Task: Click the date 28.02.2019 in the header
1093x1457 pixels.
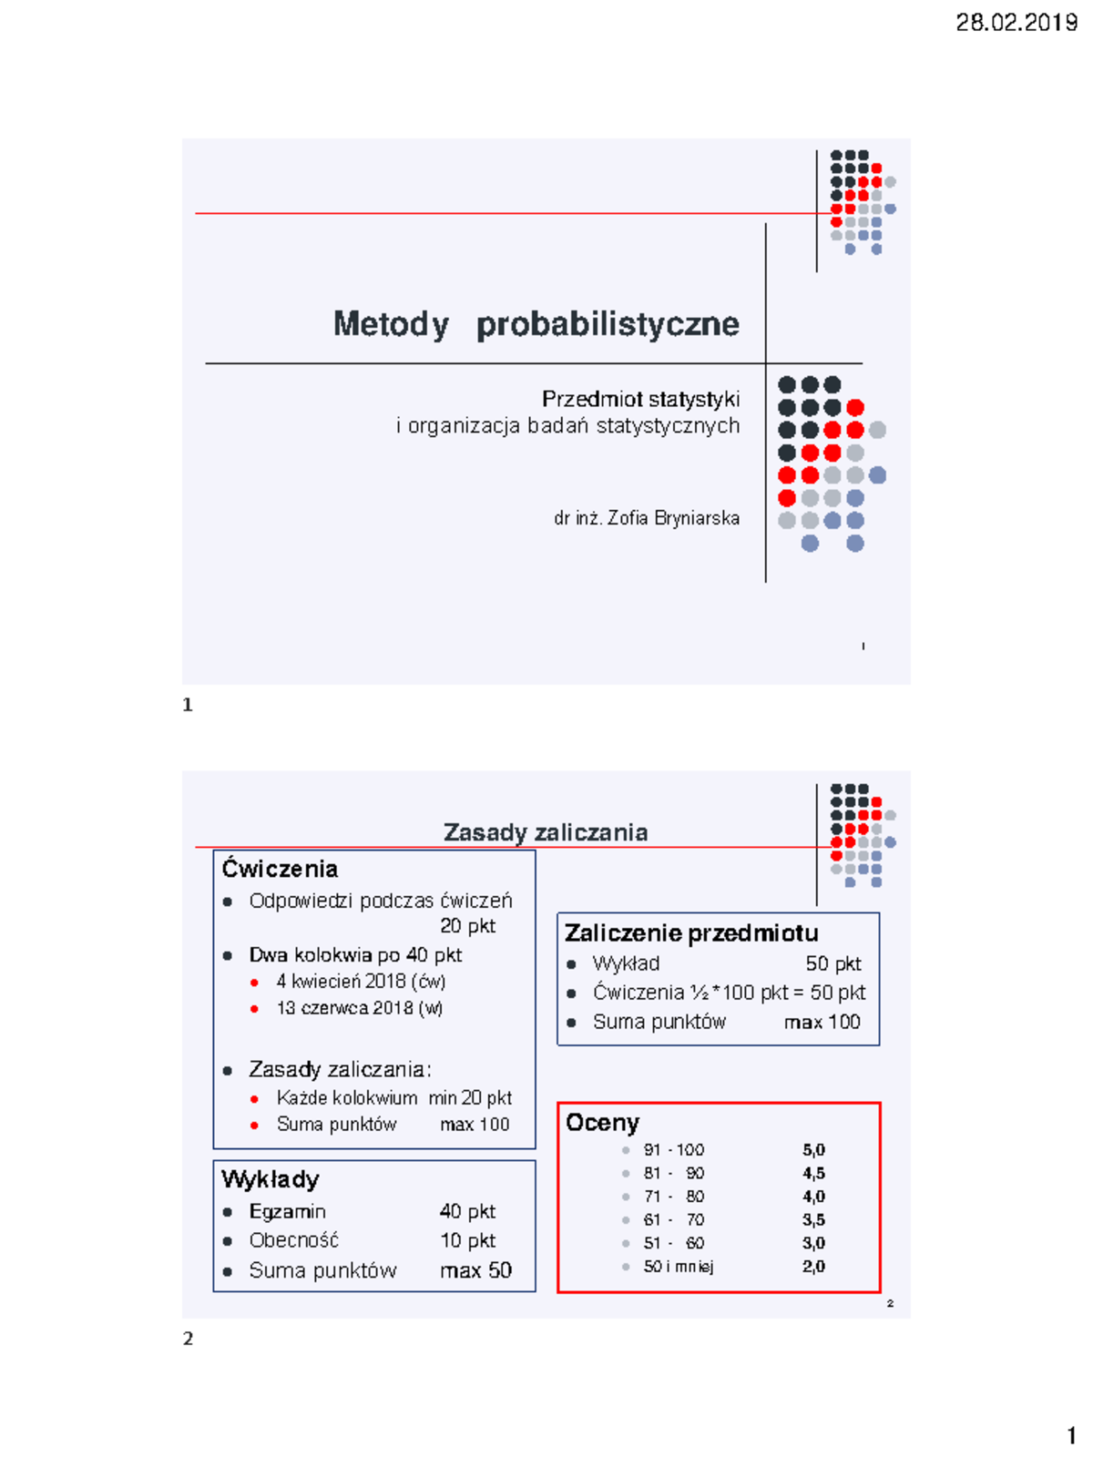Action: [x=1016, y=23]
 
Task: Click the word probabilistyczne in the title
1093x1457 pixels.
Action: [x=608, y=324]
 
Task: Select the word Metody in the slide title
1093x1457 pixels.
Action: [x=391, y=324]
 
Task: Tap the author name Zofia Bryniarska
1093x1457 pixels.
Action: [x=673, y=518]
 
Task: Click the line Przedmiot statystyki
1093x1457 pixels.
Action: [x=640, y=399]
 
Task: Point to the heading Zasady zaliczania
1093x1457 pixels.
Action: [x=545, y=832]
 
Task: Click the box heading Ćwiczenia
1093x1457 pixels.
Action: [x=280, y=869]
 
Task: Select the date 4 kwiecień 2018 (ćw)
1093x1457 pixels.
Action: [x=361, y=982]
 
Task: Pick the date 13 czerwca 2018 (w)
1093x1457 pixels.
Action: [x=359, y=1008]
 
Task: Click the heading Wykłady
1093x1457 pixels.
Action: [x=270, y=1179]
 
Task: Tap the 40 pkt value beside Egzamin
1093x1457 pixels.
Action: [x=467, y=1211]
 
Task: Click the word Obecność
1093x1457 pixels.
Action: [x=293, y=1240]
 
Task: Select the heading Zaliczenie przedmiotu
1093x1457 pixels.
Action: [x=690, y=933]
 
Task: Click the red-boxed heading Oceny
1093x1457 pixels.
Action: [x=602, y=1123]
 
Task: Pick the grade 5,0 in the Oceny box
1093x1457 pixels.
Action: [x=813, y=1150]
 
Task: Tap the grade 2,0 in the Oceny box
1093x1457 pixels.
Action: [x=813, y=1267]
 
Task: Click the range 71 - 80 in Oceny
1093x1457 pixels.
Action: [x=673, y=1197]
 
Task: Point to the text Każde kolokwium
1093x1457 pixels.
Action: [x=347, y=1098]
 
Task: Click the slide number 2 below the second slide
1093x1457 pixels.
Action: [x=188, y=1339]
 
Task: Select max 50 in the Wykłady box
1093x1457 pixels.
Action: [x=475, y=1270]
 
